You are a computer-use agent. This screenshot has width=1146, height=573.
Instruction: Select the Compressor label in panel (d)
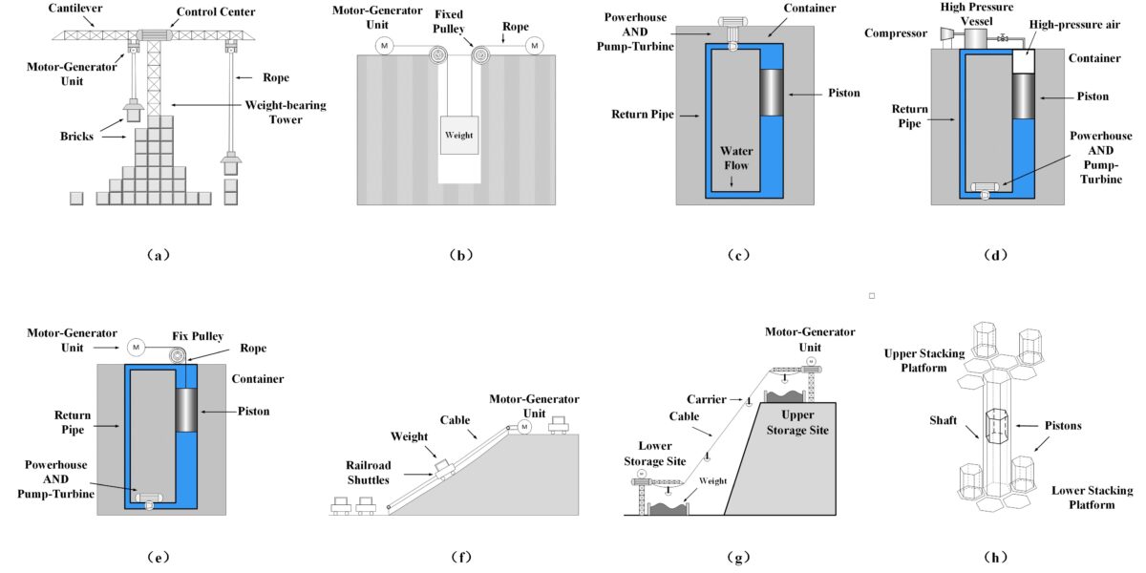tap(897, 33)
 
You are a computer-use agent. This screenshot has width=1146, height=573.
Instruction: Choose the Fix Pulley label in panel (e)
tap(198, 335)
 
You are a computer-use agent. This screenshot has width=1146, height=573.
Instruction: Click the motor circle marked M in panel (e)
tap(136, 346)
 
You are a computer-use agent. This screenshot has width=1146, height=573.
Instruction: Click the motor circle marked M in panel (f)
tap(523, 426)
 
